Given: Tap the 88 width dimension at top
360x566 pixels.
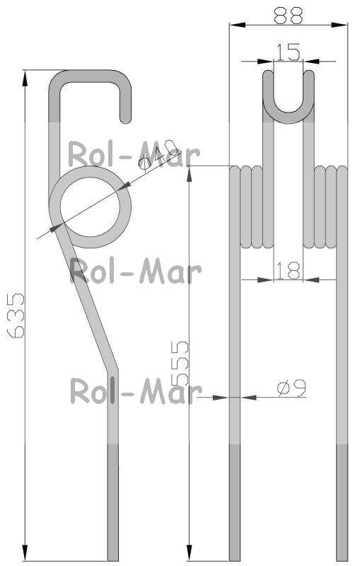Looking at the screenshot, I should (288, 15).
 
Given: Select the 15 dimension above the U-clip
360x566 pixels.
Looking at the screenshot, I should (288, 52).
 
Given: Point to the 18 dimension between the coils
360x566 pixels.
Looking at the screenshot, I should (289, 269).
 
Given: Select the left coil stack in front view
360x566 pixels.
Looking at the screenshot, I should (252, 207).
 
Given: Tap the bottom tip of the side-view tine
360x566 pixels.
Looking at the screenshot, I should (113, 556).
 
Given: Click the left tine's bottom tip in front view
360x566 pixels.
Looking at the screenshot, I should (236, 556).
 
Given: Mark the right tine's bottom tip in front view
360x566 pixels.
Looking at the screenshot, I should (342, 556).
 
